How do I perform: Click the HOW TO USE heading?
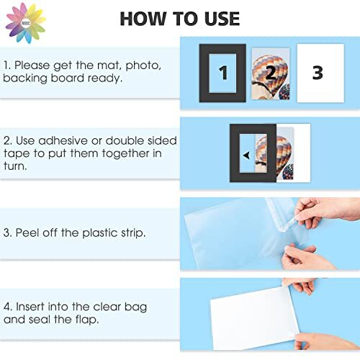point(180,18)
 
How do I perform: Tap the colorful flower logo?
point(24,22)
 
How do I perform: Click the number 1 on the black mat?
point(223,73)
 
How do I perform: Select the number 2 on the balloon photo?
point(270,73)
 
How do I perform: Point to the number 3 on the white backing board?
point(318,73)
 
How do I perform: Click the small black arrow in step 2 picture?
point(247,154)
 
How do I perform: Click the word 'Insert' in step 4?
point(35,307)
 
